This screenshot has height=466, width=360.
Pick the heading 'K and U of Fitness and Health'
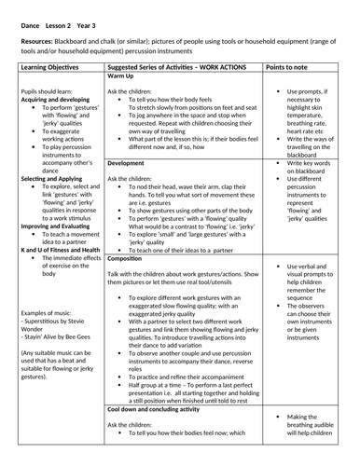pyautogui.click(x=61, y=250)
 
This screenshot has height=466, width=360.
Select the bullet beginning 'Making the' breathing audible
pyautogui.click(x=308, y=444)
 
